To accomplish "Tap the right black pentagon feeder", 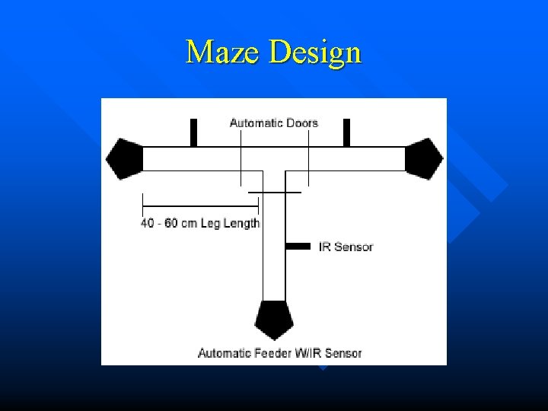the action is coord(423,158).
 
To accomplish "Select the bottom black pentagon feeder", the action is coord(274,319).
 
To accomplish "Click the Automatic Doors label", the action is coord(273,123).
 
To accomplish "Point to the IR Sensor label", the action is coord(346,247).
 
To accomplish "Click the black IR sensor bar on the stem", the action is coord(298,246).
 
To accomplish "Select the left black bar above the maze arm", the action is coord(193,132).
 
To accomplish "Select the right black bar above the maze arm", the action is coord(346,132).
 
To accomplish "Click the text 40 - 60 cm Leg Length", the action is coord(200,223).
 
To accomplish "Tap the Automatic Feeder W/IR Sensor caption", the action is coord(279,353).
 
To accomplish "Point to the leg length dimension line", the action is coord(200,203).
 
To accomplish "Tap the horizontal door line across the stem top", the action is coord(275,193).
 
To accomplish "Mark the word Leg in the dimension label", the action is coord(211,223).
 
